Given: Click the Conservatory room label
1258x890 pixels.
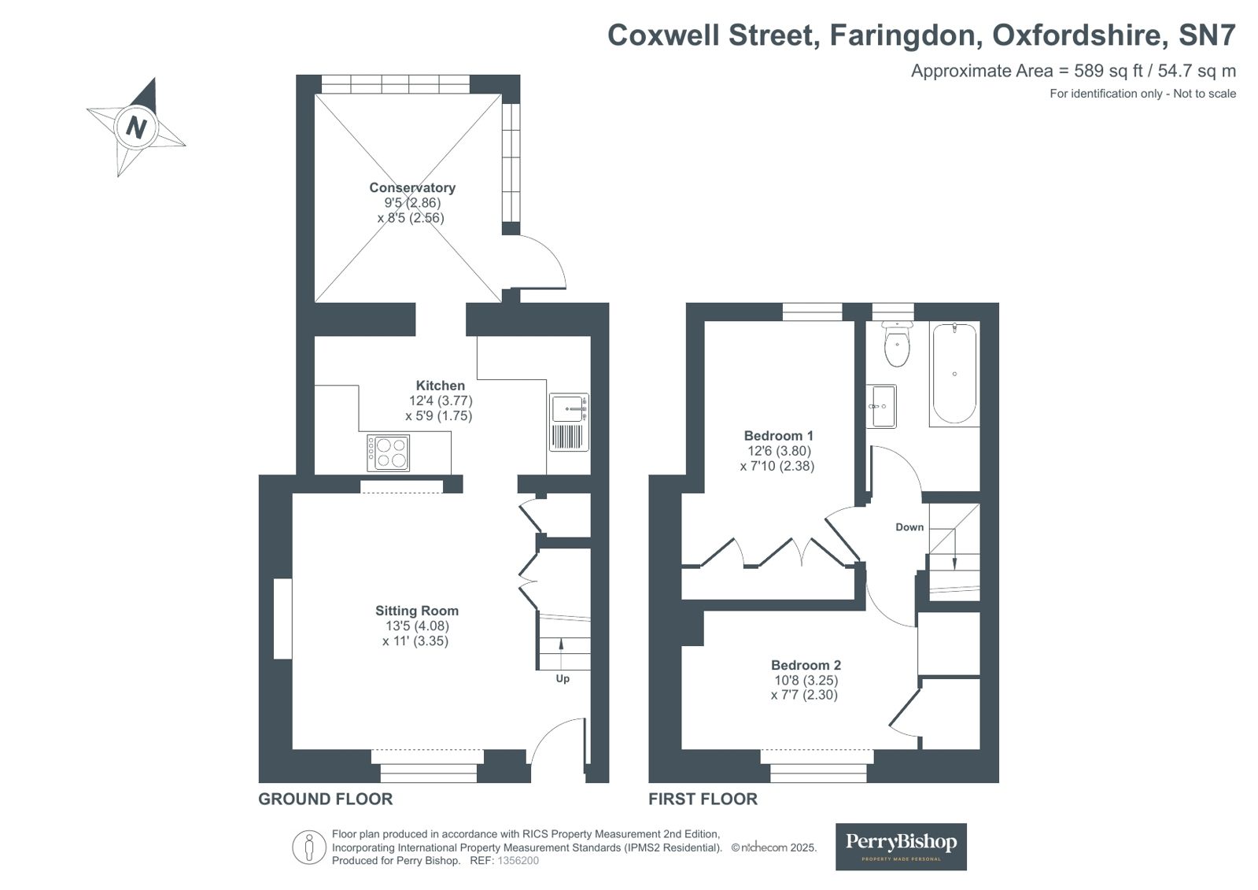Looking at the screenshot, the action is click(x=412, y=187).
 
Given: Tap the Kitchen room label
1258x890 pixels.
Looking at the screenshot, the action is click(x=441, y=386).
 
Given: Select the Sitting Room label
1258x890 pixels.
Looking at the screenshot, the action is click(x=417, y=611).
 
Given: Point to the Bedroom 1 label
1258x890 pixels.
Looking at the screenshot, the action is click(x=778, y=435).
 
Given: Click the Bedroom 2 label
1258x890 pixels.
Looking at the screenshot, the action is click(x=806, y=665).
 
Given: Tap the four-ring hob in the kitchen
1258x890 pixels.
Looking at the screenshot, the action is click(x=388, y=452).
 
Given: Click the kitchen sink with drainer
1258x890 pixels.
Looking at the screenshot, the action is click(x=569, y=422).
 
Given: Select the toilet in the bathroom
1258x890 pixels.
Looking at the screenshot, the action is click(x=897, y=343).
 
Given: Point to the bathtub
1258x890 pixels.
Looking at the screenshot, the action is click(x=954, y=374).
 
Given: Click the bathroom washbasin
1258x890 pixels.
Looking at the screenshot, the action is click(x=881, y=406).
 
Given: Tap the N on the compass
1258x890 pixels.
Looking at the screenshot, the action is click(x=136, y=127).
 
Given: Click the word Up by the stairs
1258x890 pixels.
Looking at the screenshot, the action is click(x=563, y=679).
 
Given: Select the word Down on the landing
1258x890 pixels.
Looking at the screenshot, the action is click(x=909, y=527).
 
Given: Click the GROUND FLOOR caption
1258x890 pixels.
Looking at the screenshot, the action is click(x=325, y=799).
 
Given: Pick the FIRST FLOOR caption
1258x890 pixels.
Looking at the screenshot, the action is click(x=703, y=799).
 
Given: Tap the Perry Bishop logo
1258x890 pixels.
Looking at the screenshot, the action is click(x=901, y=847).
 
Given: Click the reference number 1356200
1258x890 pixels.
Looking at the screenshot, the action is click(x=518, y=861).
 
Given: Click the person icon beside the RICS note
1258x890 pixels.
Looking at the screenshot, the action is click(x=309, y=847).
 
